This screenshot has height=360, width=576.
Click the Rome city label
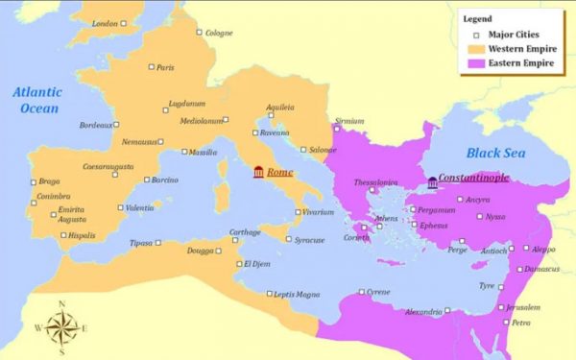coord(280,172)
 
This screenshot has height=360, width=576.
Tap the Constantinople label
coord(473,178)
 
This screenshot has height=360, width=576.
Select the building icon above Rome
coord(258,172)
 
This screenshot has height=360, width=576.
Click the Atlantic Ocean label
coord(39,101)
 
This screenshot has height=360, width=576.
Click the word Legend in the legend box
coord(477,18)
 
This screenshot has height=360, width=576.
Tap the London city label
coord(104,22)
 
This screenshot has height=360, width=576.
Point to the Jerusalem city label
coord(522,307)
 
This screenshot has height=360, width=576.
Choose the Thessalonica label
coord(373,180)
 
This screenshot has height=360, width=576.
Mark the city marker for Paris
coord(152,67)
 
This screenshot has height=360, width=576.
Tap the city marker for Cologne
coord(200,33)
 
